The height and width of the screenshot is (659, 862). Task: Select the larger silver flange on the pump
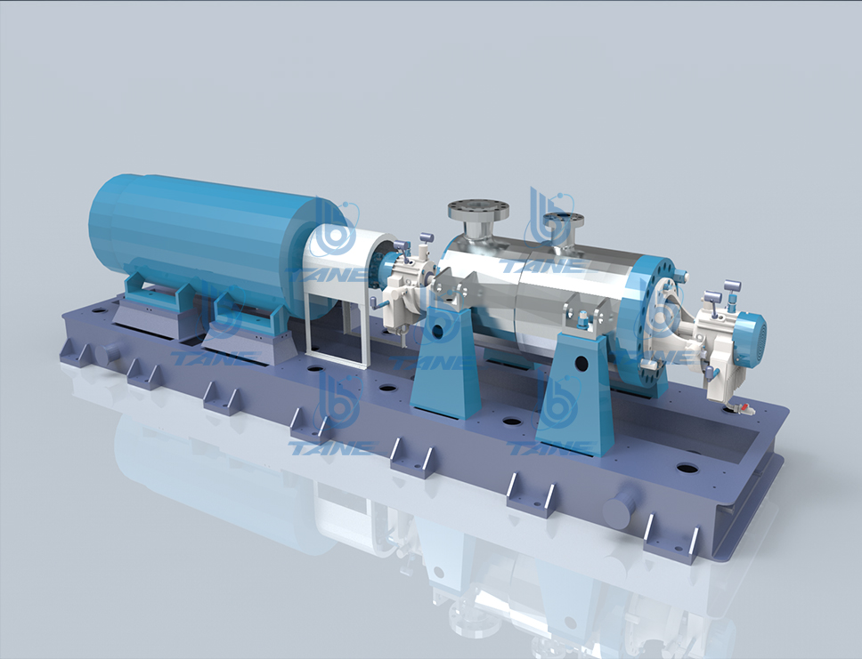tap(477, 209)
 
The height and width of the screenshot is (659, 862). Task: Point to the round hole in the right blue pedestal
tap(581, 363)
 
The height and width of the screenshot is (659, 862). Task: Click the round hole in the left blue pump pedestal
tap(438, 331)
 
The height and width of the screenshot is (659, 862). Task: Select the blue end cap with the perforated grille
tap(751, 334)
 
